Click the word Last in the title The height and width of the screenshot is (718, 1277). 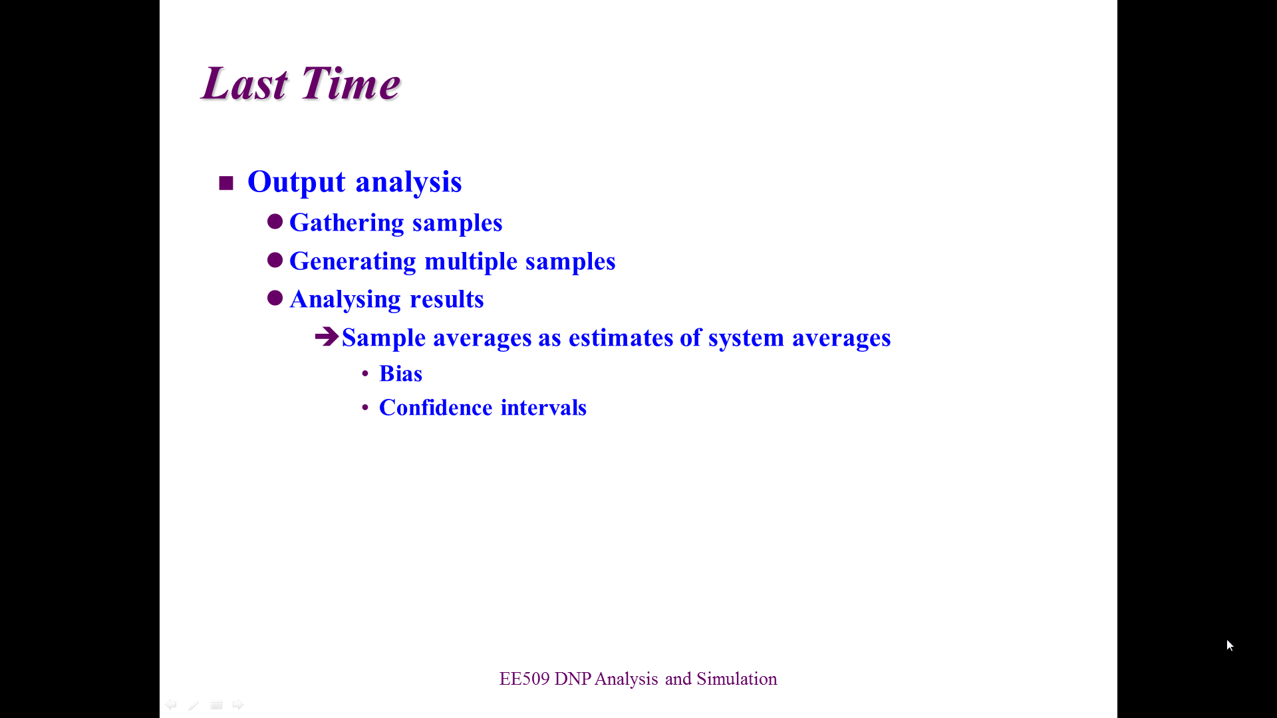pos(245,84)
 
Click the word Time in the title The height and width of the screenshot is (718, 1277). pos(351,84)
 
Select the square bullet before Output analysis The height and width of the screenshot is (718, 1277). pos(226,183)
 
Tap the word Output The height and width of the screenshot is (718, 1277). pos(297,182)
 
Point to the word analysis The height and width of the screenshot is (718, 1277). pos(409,182)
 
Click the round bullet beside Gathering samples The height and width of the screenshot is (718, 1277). pos(275,221)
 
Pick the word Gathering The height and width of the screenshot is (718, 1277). pos(347,223)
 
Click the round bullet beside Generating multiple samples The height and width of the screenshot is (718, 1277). pos(275,260)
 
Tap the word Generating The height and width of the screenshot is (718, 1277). pos(353,261)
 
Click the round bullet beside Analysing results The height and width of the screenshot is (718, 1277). pos(275,298)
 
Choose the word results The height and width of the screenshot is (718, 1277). pos(447,299)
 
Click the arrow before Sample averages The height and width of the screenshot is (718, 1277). pos(327,336)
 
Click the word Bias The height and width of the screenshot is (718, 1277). pos(400,374)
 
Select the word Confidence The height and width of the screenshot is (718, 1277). pos(436,408)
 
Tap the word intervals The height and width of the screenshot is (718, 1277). pos(543,408)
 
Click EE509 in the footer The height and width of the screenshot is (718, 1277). pos(525,679)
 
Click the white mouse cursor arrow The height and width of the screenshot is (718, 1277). pos(1230,646)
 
